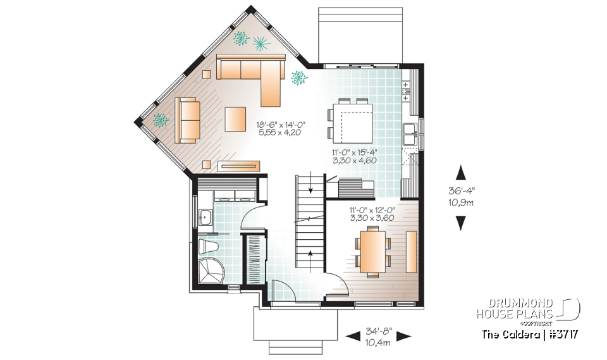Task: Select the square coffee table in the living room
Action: (235, 118)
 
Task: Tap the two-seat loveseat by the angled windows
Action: (187, 119)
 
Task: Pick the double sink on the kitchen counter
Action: (409, 135)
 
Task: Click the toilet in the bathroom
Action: (208, 246)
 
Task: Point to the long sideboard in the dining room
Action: (411, 251)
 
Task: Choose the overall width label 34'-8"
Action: (379, 331)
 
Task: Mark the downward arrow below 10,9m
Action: (461, 222)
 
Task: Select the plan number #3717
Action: (563, 333)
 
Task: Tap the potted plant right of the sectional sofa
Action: (298, 78)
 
